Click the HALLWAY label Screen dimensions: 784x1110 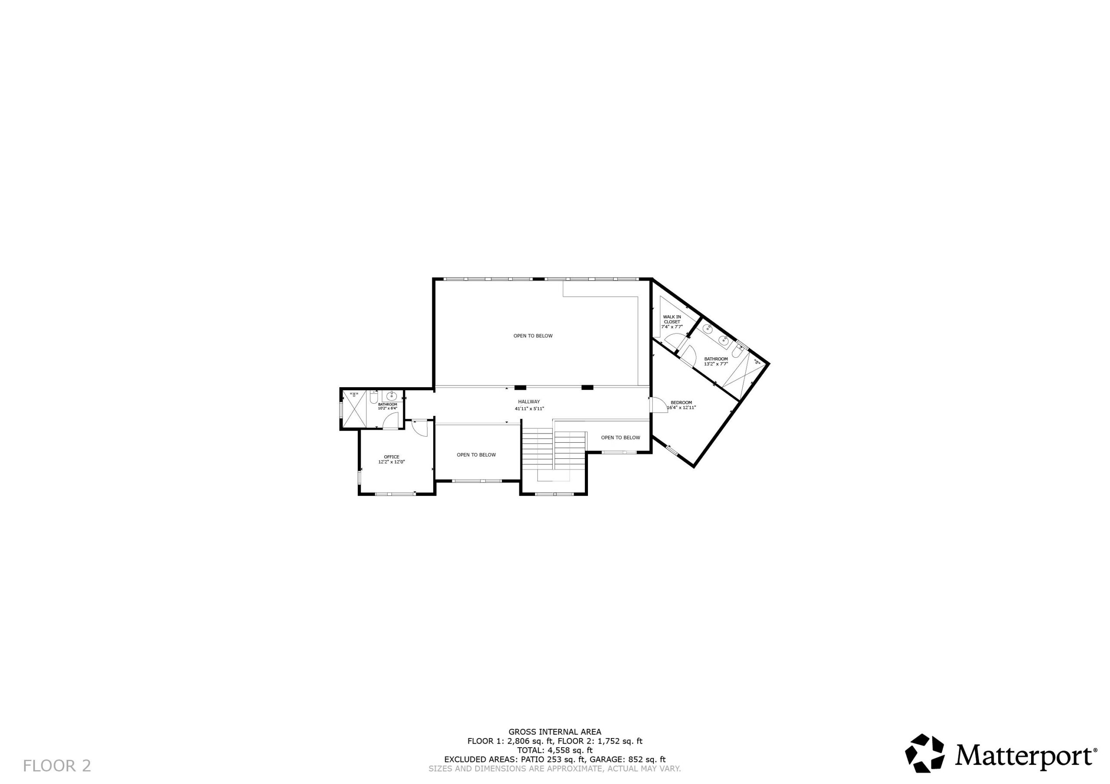pos(529,402)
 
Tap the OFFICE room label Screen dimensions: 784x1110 pos(391,457)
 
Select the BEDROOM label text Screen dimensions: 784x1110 pos(681,402)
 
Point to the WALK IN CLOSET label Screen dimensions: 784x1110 pos(672,319)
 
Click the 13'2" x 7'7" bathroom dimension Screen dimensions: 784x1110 pos(715,364)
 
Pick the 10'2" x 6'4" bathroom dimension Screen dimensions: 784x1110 pos(387,408)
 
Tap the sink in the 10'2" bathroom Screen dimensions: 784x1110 pos(391,397)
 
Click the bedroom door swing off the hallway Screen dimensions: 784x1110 pos(659,405)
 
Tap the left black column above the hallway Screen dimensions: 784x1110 pos(520,387)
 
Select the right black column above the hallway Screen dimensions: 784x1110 pos(587,387)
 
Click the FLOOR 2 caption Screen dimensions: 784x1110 pos(57,765)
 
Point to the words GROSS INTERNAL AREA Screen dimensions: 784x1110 pos(555,732)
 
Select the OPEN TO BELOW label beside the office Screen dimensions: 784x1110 pos(476,454)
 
